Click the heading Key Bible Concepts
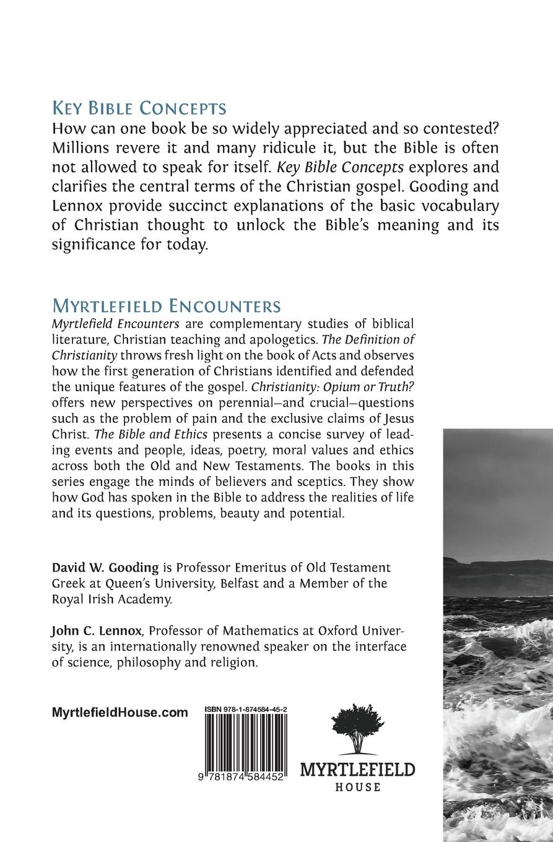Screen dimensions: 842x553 coord(139,108)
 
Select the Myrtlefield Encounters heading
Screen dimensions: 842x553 coord(167,306)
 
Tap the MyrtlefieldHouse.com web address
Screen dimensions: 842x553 coord(120,713)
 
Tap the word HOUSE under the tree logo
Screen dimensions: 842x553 coord(357,788)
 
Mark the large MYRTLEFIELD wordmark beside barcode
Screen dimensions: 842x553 coord(357,770)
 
